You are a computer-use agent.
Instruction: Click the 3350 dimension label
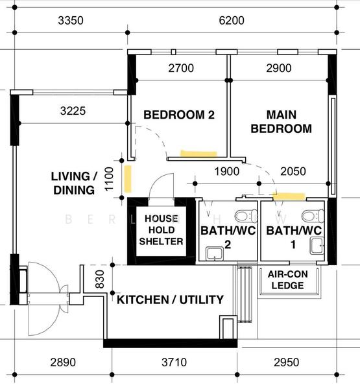[x=71, y=20]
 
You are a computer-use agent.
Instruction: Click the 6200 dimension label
[x=232, y=20]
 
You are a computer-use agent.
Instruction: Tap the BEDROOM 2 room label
[x=179, y=115]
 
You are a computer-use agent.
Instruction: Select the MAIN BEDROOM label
[x=282, y=122]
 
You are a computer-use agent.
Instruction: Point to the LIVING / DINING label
[x=74, y=183]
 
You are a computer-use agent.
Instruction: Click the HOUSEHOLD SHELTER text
[x=161, y=230]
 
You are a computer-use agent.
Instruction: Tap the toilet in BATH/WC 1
[x=313, y=216]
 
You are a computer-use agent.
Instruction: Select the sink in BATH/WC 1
[x=317, y=246]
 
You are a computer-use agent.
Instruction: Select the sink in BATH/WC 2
[x=215, y=253]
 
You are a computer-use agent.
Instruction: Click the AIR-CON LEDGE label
[x=288, y=279]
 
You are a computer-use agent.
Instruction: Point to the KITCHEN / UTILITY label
[x=170, y=300]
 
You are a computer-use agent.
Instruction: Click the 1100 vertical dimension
[x=109, y=179]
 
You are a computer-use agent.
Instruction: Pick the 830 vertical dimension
[x=100, y=279]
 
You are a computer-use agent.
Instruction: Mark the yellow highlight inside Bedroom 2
[x=198, y=154]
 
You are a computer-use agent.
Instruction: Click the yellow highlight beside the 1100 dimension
[x=128, y=179]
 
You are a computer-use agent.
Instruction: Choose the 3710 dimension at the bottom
[x=174, y=362]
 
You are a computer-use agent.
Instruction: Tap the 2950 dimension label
[x=286, y=362]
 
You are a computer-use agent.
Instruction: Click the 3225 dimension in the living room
[x=73, y=111]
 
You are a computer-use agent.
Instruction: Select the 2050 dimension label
[x=293, y=171]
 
